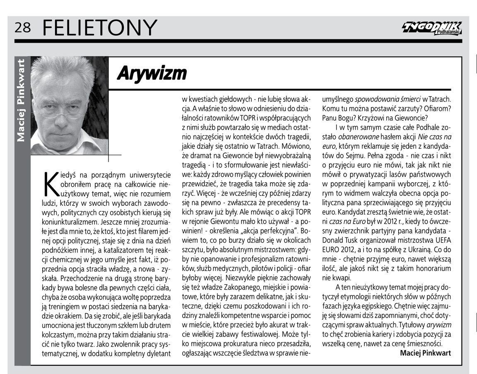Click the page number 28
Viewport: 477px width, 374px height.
[22, 27]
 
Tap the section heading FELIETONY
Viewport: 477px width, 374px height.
[100, 27]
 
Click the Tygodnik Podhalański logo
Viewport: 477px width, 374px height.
[431, 28]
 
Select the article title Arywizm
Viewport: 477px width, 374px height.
[152, 73]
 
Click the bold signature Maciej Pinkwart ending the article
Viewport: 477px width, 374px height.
[425, 353]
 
